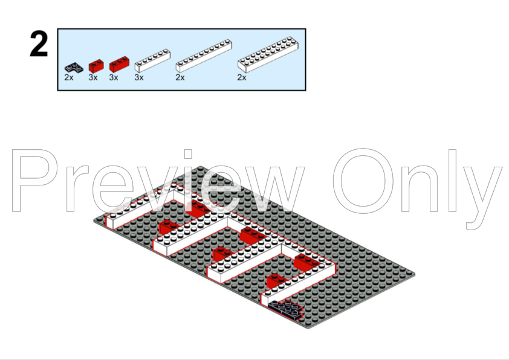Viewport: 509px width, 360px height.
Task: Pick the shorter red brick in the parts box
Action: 96,65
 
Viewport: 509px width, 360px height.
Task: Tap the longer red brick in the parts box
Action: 119,63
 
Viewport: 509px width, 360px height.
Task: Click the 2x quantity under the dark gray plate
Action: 69,77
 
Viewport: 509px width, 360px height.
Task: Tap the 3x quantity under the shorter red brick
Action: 93,77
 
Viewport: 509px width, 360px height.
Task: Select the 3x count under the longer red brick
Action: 114,77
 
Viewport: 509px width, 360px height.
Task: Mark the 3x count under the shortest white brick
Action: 139,77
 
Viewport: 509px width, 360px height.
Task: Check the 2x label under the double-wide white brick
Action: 242,77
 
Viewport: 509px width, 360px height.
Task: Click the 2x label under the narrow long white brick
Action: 180,77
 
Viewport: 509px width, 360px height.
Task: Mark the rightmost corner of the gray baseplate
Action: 415,273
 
